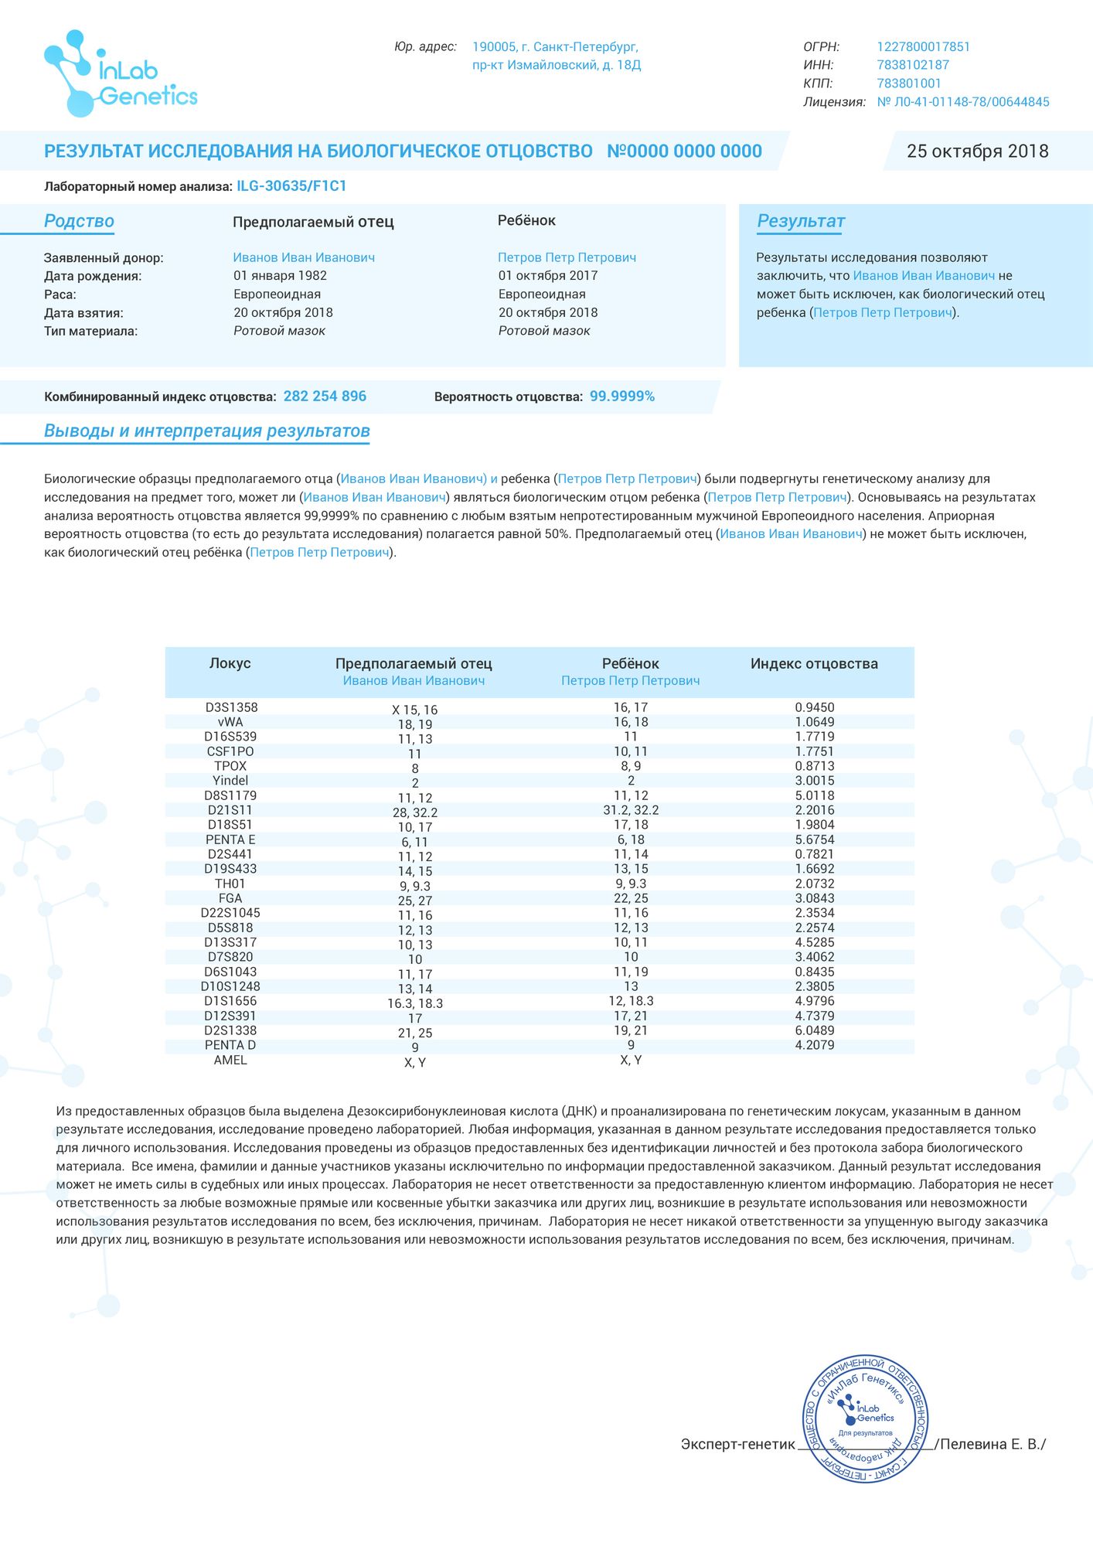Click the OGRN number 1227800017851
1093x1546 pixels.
click(923, 47)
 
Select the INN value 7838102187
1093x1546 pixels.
click(912, 65)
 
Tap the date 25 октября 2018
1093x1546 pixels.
click(977, 152)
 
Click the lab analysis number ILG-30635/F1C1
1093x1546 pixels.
click(291, 186)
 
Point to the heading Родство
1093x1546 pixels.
click(79, 222)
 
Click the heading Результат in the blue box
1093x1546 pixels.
click(800, 222)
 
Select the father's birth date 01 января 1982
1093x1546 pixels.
click(280, 276)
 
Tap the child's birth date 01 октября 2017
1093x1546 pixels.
click(547, 276)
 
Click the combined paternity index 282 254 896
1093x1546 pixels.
click(325, 397)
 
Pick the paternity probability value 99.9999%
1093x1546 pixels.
click(621, 397)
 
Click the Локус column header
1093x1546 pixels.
click(230, 664)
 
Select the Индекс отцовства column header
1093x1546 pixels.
click(814, 664)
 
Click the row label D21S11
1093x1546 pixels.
click(230, 810)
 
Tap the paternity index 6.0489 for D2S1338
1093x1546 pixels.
click(814, 1030)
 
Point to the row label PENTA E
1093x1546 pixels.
click(230, 839)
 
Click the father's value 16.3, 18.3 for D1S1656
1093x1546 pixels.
click(415, 1003)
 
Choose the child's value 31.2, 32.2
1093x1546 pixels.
click(631, 810)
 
